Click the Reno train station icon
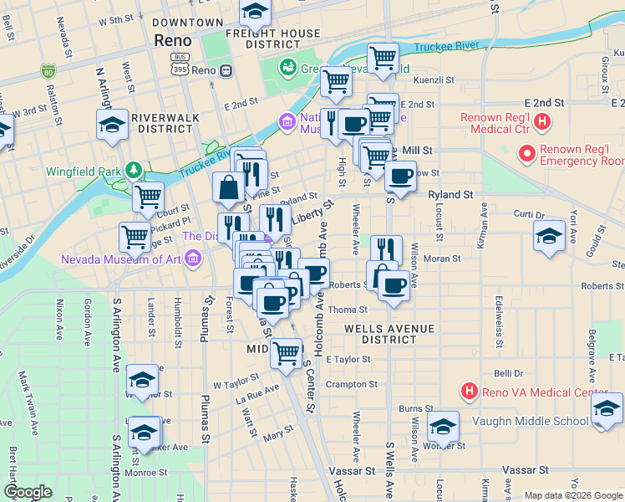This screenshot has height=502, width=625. [226, 71]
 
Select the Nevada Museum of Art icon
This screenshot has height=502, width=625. [194, 259]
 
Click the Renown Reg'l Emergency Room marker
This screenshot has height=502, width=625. [527, 154]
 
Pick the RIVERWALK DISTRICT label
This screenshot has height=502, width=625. [165, 123]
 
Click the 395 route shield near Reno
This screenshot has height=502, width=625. [179, 70]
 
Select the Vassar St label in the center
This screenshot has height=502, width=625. [352, 472]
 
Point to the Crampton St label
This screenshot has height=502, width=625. [352, 385]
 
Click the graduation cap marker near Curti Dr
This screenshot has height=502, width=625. [549, 235]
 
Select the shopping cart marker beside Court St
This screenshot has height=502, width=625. [148, 197]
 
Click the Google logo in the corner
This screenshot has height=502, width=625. [28, 492]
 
